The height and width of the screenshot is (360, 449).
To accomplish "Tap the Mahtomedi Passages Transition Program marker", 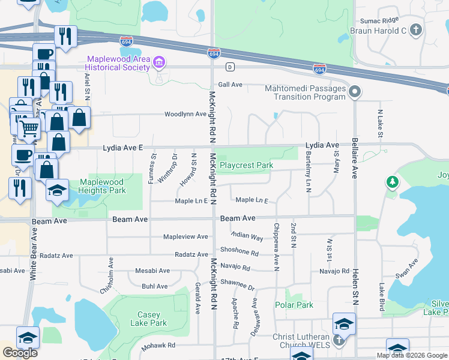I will point(355,92).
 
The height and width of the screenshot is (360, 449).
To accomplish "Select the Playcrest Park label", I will point(246,165).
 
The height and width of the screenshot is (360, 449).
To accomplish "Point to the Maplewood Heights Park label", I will point(102,186).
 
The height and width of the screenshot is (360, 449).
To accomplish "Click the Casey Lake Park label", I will point(152,319).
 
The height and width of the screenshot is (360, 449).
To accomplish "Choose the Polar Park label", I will point(294,305).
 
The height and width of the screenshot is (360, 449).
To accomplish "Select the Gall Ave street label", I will point(231,85).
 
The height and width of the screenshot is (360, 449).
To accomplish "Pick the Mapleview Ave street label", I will point(185,237).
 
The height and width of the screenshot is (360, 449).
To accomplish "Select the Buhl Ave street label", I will point(154,286).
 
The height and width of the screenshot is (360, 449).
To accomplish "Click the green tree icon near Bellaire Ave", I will point(393,181).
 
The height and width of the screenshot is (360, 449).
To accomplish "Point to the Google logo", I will point(20,353).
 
